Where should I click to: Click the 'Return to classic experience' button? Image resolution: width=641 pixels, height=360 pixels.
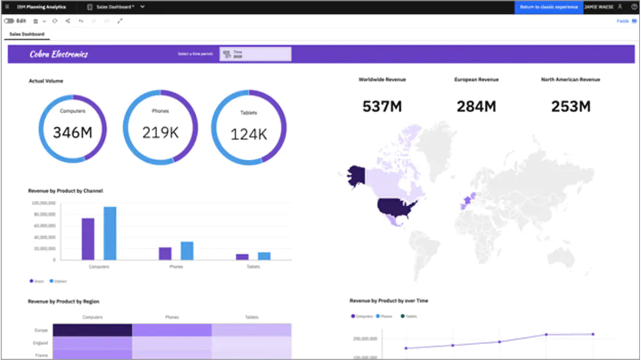pyautogui.click(x=549, y=7)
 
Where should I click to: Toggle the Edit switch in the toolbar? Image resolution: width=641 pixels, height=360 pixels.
pyautogui.click(x=10, y=21)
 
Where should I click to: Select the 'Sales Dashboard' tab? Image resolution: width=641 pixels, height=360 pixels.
pyautogui.click(x=27, y=34)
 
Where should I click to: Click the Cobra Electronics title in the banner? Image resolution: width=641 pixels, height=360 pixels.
pyautogui.click(x=59, y=54)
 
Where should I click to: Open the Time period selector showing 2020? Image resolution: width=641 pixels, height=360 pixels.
pyautogui.click(x=255, y=54)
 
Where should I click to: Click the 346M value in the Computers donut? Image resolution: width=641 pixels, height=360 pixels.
pyautogui.click(x=72, y=132)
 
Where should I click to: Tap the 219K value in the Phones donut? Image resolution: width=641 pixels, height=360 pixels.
pyautogui.click(x=160, y=132)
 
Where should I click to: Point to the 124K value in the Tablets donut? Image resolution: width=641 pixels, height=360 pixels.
pyautogui.click(x=249, y=134)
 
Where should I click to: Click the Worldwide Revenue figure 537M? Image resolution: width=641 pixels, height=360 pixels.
pyautogui.click(x=382, y=106)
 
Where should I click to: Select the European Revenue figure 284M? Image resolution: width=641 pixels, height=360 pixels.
pyautogui.click(x=476, y=106)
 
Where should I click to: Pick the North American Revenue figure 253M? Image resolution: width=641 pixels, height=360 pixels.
pyautogui.click(x=571, y=106)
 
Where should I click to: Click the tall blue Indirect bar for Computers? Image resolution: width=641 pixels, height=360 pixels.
pyautogui.click(x=110, y=233)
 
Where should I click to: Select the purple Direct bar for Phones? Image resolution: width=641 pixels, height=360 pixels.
pyautogui.click(x=165, y=253)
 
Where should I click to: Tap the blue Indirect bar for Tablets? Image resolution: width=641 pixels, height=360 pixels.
pyautogui.click(x=264, y=256)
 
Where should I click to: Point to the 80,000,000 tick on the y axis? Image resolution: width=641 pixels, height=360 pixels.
pyautogui.click(x=44, y=214)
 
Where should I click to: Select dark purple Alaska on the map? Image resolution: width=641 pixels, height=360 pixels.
pyautogui.click(x=356, y=175)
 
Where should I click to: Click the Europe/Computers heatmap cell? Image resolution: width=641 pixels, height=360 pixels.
pyautogui.click(x=92, y=330)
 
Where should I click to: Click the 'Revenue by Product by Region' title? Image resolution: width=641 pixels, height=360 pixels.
pyautogui.click(x=63, y=301)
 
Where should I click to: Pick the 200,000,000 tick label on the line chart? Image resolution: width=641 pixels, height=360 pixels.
pyautogui.click(x=365, y=339)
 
